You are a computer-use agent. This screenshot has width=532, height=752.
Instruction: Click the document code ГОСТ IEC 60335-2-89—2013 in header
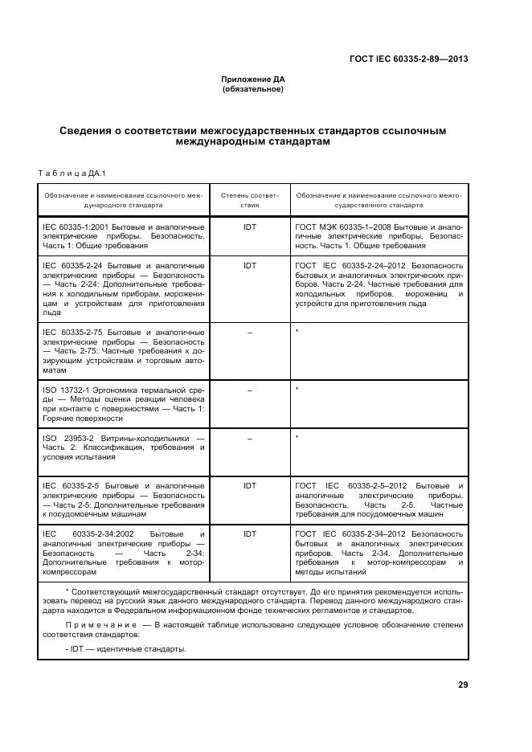[x=409, y=59]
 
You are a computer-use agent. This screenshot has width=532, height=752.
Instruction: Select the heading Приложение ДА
[x=253, y=79]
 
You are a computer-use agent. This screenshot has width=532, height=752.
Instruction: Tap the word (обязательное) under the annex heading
[x=253, y=88]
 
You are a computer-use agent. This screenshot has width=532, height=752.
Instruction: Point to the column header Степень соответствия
[x=249, y=199]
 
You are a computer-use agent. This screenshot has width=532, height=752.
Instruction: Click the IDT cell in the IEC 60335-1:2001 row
[x=249, y=227]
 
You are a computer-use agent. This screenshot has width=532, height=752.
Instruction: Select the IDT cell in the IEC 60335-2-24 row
[x=249, y=264]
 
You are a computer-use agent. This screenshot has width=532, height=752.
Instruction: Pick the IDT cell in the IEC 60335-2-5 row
[x=249, y=486]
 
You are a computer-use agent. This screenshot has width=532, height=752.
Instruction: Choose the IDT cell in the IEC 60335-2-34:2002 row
[x=249, y=533]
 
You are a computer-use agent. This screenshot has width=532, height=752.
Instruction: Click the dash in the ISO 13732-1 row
[x=249, y=390]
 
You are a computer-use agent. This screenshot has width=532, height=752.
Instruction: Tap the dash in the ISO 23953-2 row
[x=249, y=438]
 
